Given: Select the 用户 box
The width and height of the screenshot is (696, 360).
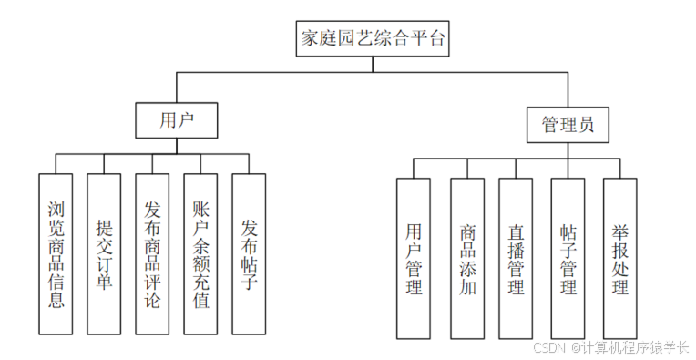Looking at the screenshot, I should pyautogui.click(x=177, y=118).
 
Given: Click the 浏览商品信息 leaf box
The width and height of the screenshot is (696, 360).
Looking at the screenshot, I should pyautogui.click(x=56, y=253).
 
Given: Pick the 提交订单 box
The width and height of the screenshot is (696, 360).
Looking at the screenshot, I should pyautogui.click(x=104, y=253).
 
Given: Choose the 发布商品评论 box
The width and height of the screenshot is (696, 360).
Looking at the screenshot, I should pyautogui.click(x=152, y=253).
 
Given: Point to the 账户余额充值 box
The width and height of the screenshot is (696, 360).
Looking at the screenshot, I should pyautogui.click(x=200, y=253).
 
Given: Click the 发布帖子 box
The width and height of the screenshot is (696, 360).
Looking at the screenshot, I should pyautogui.click(x=249, y=253).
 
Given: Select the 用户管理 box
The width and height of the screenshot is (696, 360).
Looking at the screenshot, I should pyautogui.click(x=414, y=259).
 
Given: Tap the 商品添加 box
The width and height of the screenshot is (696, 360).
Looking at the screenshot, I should pyautogui.click(x=467, y=259).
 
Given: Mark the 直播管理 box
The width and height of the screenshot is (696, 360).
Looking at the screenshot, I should pyautogui.click(x=516, y=259).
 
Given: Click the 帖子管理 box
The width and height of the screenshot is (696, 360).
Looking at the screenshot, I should pyautogui.click(x=568, y=259).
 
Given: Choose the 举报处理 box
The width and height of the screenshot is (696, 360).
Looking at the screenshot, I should pyautogui.click(x=620, y=259).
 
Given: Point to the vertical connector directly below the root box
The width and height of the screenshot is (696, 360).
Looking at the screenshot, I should pyautogui.click(x=374, y=63).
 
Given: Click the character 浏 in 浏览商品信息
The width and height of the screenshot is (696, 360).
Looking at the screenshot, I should pyautogui.click(x=56, y=209).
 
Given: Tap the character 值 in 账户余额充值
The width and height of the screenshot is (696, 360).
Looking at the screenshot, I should pyautogui.click(x=200, y=298).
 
